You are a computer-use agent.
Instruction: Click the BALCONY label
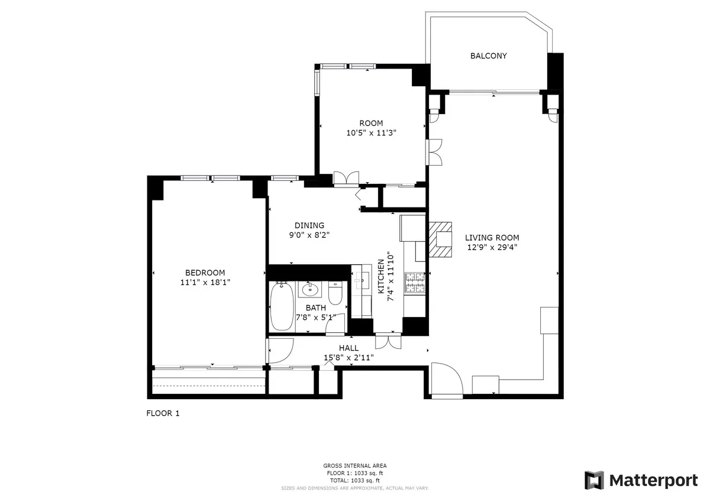(488, 56)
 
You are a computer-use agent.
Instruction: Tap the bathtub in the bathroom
(282, 307)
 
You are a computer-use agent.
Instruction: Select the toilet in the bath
(335, 293)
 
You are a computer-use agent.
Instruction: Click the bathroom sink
(308, 290)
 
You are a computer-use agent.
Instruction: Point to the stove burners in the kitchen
(415, 283)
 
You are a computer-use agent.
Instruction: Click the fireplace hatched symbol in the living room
(439, 239)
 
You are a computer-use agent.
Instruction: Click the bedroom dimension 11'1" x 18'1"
(205, 283)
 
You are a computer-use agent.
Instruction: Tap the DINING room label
(309, 225)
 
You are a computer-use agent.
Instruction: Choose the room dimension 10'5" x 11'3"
(371, 133)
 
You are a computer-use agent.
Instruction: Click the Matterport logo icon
(594, 480)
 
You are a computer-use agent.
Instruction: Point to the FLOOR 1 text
(163, 413)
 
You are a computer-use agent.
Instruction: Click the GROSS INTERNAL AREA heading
(355, 466)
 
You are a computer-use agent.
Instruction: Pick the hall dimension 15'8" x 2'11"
(348, 357)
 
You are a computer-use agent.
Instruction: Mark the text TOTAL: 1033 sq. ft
(355, 481)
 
